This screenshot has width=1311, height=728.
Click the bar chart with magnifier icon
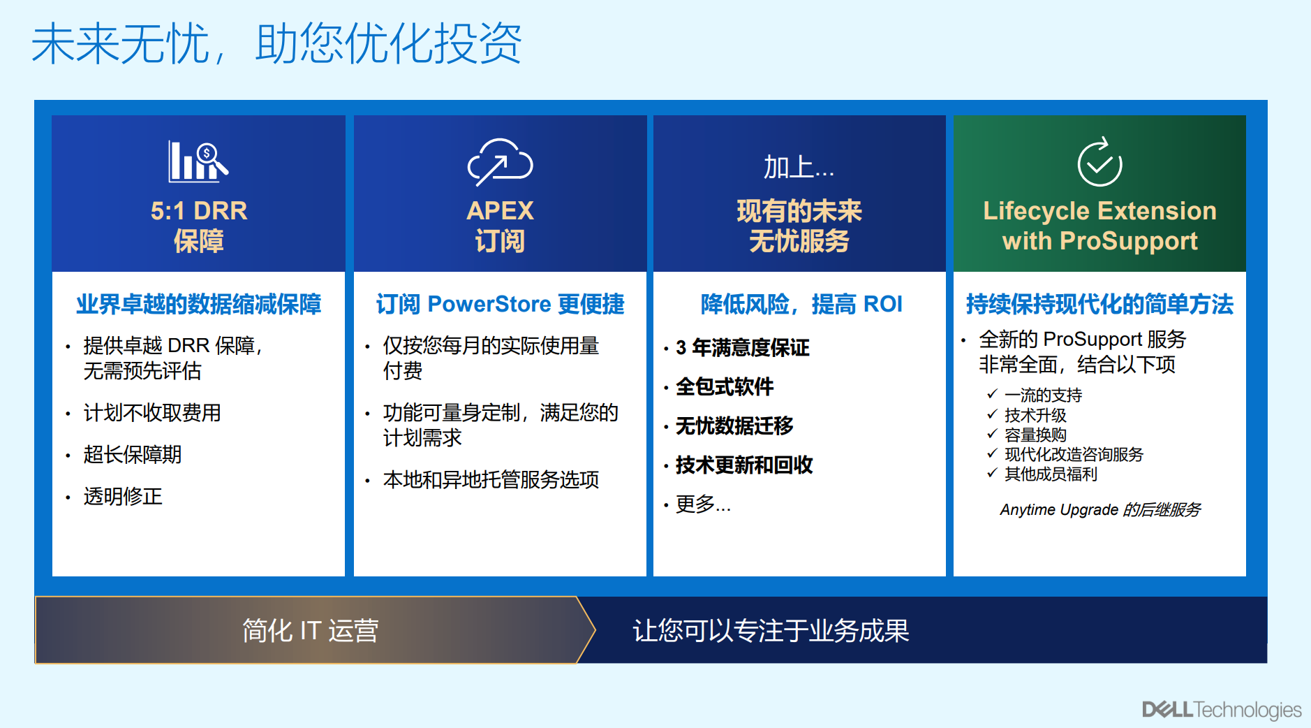tap(198, 161)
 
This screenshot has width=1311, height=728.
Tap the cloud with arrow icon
tap(500, 162)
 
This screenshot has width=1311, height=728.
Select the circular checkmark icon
tap(1099, 161)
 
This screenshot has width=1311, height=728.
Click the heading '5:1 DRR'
tap(199, 210)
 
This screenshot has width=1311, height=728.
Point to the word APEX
tap(500, 210)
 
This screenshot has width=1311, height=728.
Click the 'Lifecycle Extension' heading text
tap(1099, 210)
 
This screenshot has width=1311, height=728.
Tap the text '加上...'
tap(799, 168)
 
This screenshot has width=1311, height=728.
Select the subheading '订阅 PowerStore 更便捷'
tap(500, 304)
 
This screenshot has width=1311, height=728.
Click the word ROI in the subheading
tap(882, 304)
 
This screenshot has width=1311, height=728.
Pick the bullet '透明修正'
tap(123, 496)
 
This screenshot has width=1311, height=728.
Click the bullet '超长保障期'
tap(133, 454)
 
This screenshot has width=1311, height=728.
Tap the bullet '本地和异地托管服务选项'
tap(491, 479)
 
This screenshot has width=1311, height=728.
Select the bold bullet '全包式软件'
tap(725, 386)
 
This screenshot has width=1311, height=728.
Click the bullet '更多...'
tap(703, 504)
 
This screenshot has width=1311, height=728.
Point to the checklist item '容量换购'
tap(1035, 435)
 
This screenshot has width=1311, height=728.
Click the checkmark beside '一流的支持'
tap(992, 394)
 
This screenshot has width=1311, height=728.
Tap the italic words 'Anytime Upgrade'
tap(1059, 509)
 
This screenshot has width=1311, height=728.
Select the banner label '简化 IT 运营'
tap(310, 630)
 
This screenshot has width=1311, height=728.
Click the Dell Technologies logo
tap(1222, 710)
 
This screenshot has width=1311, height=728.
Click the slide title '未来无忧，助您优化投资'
tap(277, 43)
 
